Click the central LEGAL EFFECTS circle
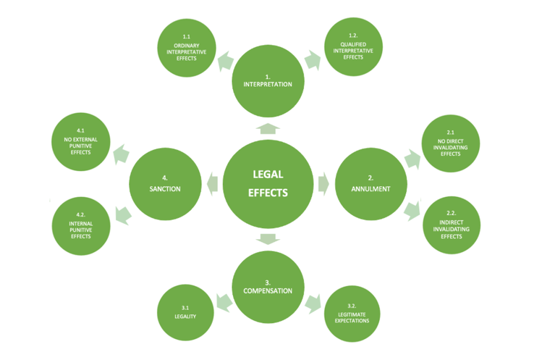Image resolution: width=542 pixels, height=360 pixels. point(268,183)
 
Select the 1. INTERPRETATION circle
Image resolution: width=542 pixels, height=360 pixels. point(268,81)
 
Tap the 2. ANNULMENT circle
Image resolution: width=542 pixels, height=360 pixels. point(371,185)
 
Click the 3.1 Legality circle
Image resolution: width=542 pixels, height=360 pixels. point(185,313)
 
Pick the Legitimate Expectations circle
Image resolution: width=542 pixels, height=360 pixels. point(352,314)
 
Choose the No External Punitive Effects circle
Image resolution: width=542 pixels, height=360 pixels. point(81,142)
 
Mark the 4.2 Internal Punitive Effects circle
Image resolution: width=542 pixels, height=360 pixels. point(81,226)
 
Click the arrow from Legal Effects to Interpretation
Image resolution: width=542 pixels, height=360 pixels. point(268,128)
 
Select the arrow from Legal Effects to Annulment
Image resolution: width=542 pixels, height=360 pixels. point(323,183)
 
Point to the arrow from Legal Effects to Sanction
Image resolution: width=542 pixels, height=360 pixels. point(212,183)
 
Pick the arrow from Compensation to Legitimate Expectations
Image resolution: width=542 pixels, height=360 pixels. point(313,304)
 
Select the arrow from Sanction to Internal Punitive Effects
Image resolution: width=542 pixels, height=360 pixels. point(121,214)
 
